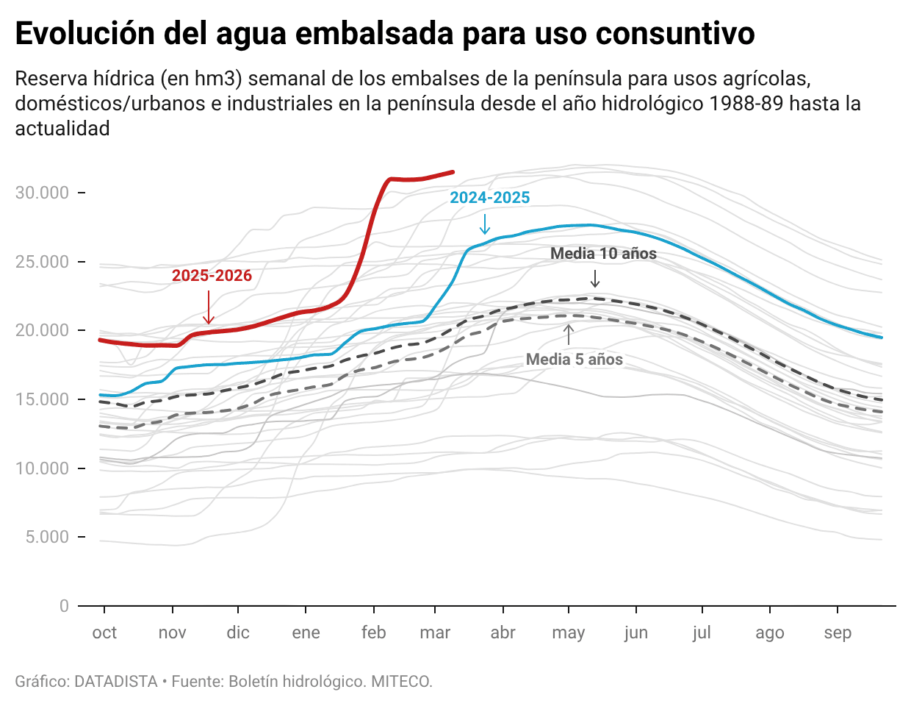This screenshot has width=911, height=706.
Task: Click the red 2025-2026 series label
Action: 212,276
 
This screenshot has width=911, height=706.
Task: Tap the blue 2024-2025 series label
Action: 489,198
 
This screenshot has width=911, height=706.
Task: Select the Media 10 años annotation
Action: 603,254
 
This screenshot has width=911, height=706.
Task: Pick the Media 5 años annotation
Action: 574,360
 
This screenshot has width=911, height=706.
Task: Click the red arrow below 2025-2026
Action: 209,307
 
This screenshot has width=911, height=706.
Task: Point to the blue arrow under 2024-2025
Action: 484,224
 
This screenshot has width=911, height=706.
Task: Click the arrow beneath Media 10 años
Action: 595,279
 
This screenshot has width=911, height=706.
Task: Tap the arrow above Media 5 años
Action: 568,335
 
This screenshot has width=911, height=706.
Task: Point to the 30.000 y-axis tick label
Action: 43,193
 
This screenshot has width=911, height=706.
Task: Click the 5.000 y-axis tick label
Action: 47,537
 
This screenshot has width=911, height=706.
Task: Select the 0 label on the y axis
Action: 64,606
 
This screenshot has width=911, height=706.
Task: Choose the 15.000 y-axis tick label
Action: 43,399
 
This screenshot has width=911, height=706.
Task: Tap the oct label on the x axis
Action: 104,633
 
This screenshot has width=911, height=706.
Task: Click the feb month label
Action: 373,633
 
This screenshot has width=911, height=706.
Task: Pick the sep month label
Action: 838,633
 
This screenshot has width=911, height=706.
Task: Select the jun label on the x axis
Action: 635,633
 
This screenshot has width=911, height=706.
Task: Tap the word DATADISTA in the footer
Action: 116,682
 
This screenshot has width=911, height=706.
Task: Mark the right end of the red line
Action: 453,172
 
